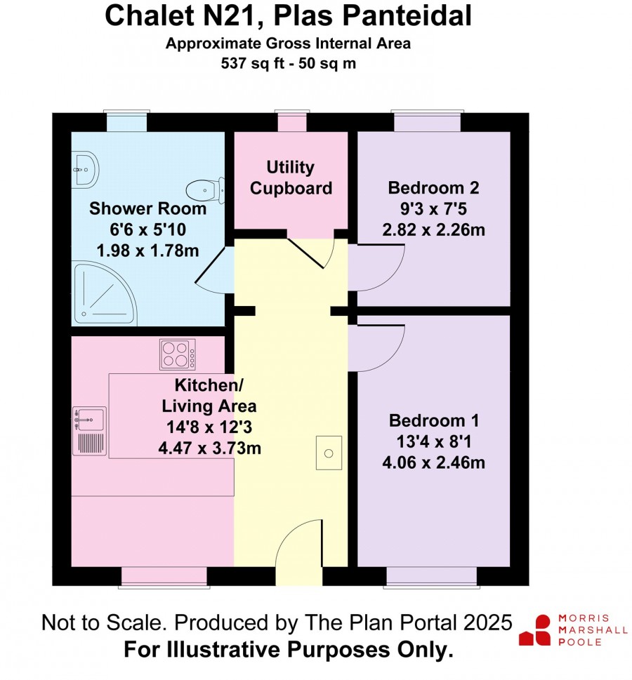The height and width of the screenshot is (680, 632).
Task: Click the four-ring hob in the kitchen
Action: point(178,354)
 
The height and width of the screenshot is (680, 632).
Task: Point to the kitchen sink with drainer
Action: point(89,431)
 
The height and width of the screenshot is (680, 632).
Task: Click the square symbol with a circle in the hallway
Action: point(329,453)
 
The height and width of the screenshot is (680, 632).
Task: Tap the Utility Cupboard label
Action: point(291,178)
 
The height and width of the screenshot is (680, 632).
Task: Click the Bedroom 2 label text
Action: point(433,188)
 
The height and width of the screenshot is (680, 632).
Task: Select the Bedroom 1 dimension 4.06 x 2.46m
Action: point(433,462)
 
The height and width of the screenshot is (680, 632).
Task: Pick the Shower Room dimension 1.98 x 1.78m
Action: point(147,251)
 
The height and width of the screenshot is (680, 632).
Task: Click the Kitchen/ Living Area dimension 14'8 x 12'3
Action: point(209,427)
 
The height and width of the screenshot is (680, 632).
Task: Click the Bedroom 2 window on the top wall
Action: point(427,121)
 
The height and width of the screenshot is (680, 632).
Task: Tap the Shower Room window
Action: point(126,121)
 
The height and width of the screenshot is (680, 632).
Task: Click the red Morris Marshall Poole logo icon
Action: point(535,630)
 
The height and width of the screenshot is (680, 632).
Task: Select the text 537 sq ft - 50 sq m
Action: point(289,63)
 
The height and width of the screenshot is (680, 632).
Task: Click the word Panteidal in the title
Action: point(407,15)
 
